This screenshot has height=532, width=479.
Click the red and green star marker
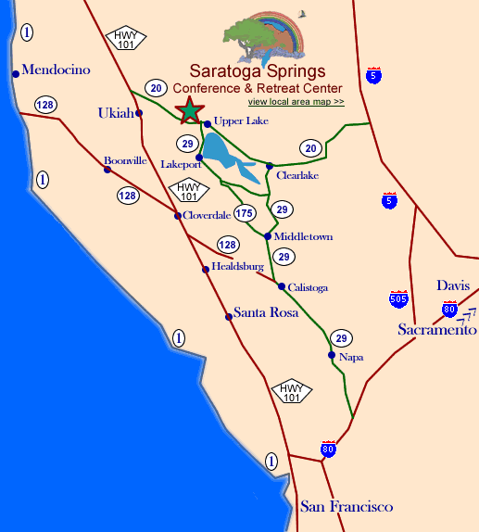(189, 110)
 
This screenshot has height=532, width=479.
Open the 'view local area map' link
(296, 101)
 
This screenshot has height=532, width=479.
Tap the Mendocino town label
(55, 70)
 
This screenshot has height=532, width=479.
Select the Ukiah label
(116, 113)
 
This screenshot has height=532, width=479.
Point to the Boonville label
(126, 160)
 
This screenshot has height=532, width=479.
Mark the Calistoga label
(309, 287)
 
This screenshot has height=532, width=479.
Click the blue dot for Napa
(332, 355)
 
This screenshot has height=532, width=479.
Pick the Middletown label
(304, 236)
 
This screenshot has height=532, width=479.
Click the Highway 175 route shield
(244, 214)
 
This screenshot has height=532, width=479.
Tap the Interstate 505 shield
(398, 298)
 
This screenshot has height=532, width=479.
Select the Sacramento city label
(437, 330)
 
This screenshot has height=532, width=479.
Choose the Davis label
(454, 285)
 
